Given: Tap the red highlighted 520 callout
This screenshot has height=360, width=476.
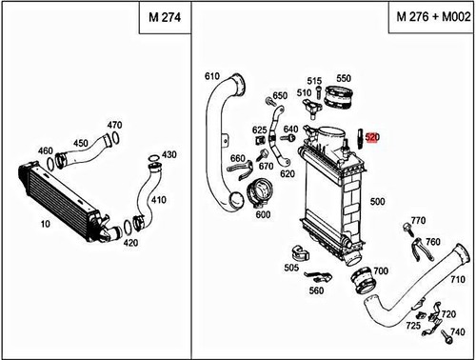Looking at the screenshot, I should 372,137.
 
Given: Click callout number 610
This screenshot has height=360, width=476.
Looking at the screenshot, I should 211,76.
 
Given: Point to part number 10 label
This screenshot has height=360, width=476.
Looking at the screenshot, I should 45,224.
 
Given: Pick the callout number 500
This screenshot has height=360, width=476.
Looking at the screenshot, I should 377,202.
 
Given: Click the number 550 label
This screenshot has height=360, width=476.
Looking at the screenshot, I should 344,77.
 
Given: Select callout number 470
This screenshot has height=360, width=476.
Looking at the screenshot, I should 114,125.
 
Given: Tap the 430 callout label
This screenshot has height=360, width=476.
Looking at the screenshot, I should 169,154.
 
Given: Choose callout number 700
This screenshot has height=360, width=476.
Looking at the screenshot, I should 380,271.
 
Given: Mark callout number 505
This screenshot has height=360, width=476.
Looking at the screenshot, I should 290,268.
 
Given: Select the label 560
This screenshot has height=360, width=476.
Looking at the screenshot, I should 315,290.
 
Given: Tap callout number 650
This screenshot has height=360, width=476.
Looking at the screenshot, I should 279,96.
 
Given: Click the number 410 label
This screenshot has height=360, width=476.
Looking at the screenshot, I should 157,199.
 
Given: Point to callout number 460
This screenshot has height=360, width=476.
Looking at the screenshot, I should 45,150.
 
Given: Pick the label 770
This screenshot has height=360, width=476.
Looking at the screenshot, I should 417,221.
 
